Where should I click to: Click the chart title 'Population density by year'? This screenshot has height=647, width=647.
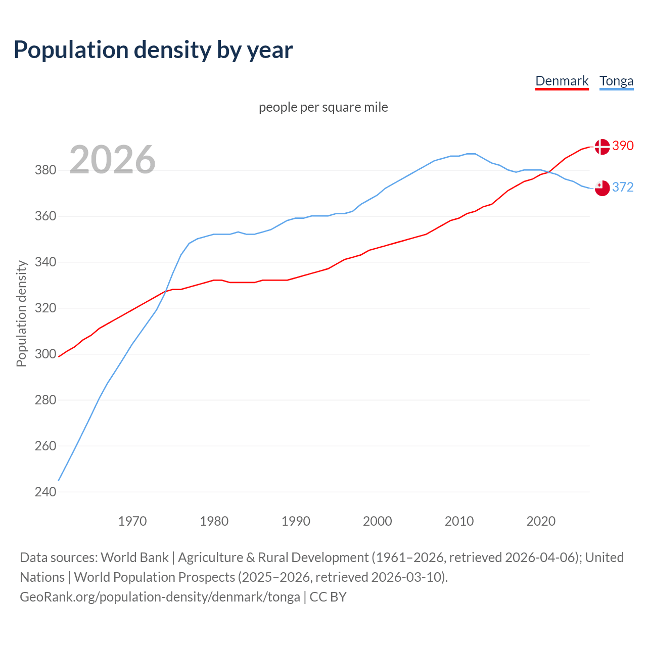(153, 50)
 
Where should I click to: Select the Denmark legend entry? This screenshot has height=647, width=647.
(562, 81)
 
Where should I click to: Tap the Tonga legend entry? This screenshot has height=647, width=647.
(616, 81)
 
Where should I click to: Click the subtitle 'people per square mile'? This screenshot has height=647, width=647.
(323, 108)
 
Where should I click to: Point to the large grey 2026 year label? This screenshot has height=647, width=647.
(112, 160)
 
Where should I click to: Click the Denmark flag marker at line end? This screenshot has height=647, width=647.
(602, 147)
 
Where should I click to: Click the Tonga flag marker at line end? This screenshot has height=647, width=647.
(602, 188)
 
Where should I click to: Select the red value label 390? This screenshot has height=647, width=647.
(623, 146)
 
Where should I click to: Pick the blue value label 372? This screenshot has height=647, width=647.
(623, 188)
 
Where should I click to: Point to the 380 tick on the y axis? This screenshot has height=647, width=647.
(45, 170)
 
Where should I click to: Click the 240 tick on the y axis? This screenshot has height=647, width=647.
(45, 492)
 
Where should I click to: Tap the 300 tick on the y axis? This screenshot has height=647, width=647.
(45, 354)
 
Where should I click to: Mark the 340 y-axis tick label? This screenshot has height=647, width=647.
(45, 262)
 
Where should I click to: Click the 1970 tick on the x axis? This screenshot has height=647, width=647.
(132, 521)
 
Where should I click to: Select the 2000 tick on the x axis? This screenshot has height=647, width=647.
(377, 521)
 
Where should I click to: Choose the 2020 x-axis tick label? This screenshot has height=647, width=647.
(541, 521)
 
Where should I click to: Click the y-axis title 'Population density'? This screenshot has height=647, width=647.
(21, 313)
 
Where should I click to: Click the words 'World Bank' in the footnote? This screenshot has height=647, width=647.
(134, 558)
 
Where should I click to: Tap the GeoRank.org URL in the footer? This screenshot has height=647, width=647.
(160, 597)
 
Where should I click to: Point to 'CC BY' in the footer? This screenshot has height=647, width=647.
(328, 597)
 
